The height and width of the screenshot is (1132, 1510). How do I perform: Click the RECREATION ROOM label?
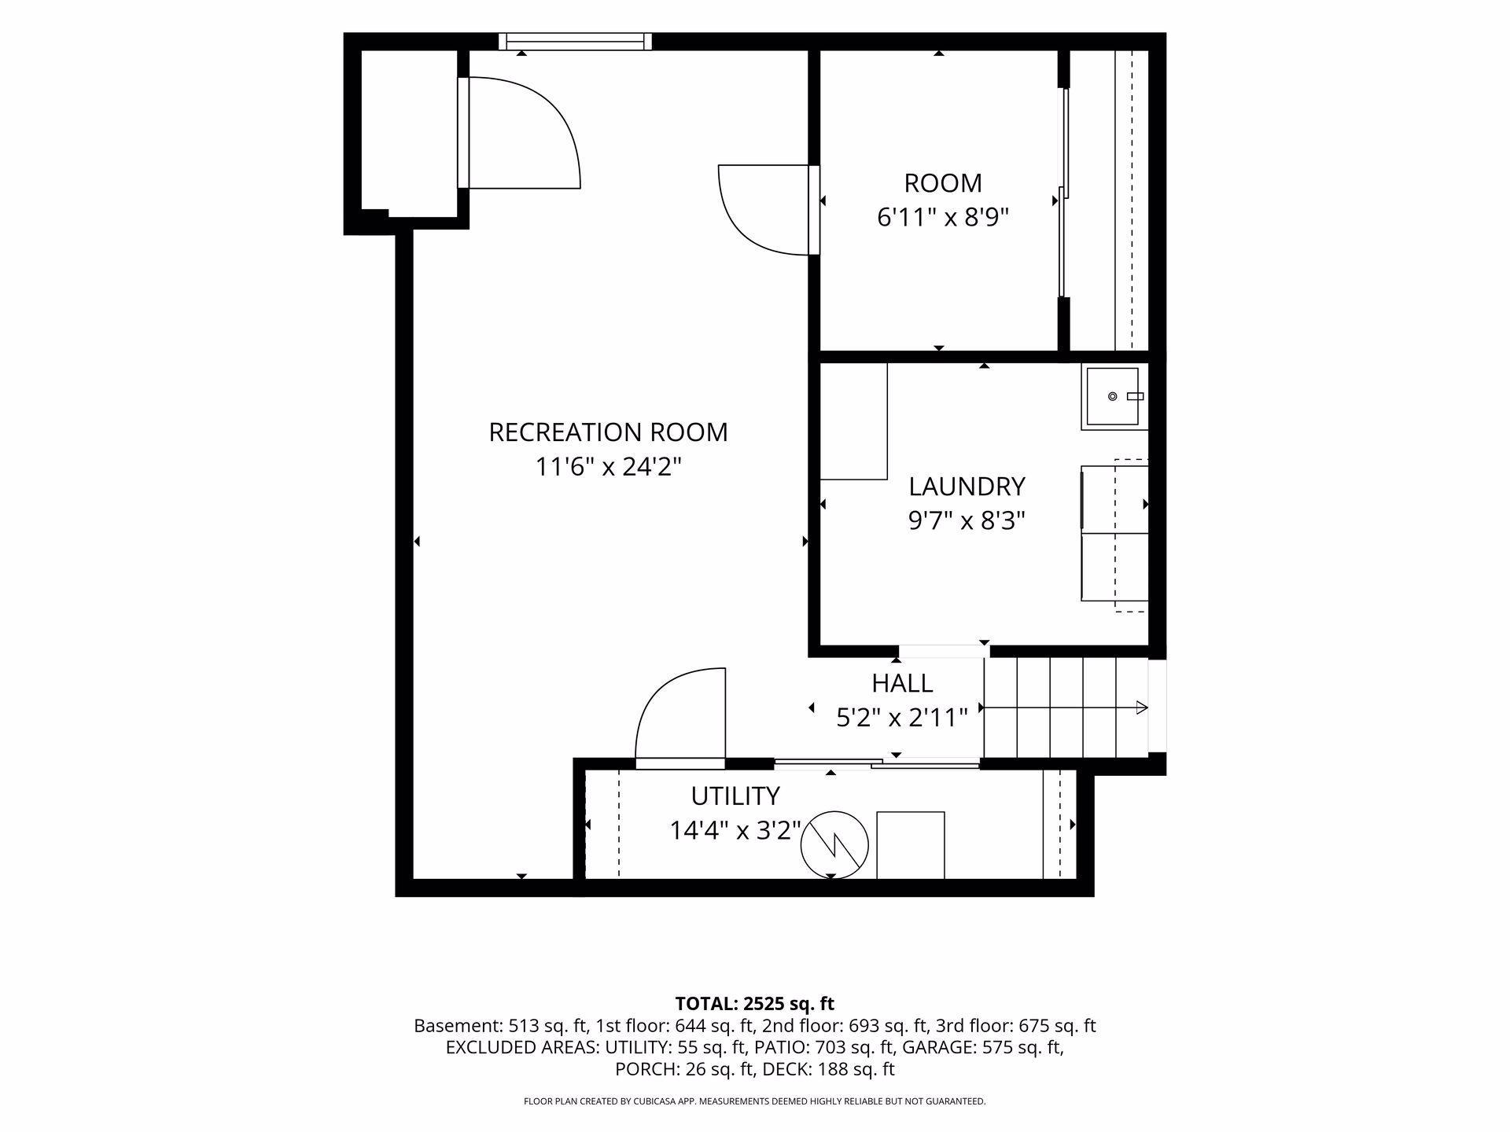(x=608, y=432)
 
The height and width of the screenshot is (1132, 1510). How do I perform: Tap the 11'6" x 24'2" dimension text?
(x=608, y=467)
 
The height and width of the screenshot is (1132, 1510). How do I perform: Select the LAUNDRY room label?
(x=967, y=487)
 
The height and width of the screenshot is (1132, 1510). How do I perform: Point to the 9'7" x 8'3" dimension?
(x=967, y=521)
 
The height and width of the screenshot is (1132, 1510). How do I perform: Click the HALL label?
(x=902, y=683)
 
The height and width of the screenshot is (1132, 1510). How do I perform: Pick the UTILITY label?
(x=735, y=796)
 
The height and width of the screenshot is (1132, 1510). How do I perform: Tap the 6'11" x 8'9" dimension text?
(x=943, y=217)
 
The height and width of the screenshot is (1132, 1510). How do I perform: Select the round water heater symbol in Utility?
(x=834, y=845)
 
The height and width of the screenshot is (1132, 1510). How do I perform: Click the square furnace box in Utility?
(x=910, y=845)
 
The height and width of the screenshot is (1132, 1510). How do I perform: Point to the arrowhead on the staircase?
(x=1142, y=708)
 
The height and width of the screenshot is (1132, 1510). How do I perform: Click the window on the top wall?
(x=576, y=42)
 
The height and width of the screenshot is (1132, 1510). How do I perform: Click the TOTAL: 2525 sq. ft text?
(x=754, y=1004)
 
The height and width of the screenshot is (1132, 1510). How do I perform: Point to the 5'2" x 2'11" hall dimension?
(x=901, y=718)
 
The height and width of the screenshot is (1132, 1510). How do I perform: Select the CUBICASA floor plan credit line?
(x=754, y=1101)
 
